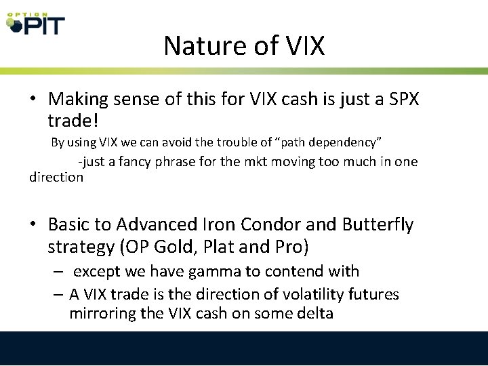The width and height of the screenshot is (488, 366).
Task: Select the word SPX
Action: click(x=403, y=99)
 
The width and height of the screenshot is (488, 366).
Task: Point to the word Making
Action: click(x=79, y=99)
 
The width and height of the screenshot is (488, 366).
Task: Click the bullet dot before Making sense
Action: click(x=33, y=100)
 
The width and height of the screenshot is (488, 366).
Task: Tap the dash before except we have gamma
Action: click(x=60, y=272)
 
